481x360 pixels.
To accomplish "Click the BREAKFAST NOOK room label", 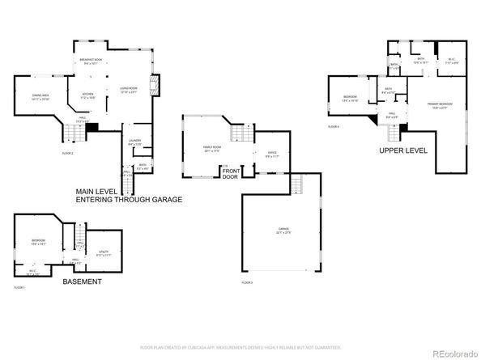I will [x=90, y=59].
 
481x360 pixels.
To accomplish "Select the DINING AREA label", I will [x=40, y=97].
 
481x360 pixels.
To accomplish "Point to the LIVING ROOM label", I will [x=128, y=90].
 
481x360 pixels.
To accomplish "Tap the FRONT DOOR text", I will [x=231, y=173].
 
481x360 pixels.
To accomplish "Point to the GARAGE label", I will [x=283, y=231].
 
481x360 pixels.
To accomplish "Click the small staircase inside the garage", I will [x=295, y=183].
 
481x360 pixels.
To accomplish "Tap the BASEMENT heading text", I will [x=81, y=282].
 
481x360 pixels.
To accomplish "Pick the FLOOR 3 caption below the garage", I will [x=247, y=282].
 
